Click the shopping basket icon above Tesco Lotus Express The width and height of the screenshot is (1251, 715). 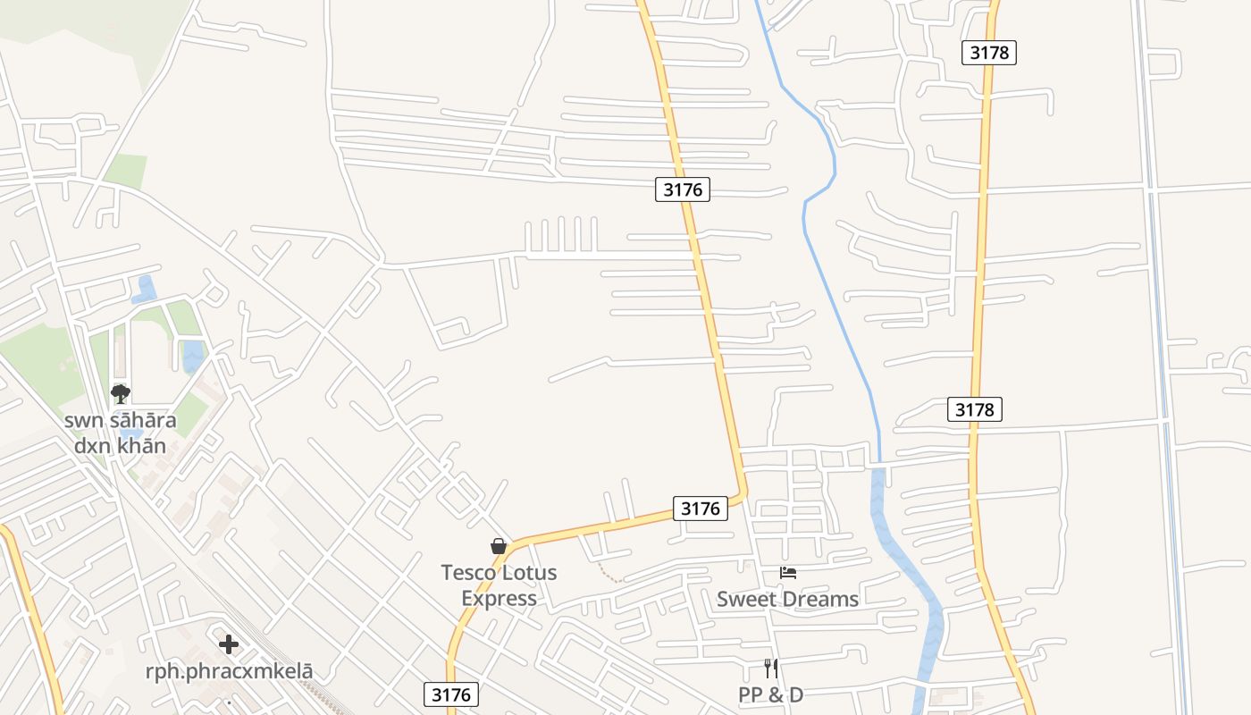click(499, 545)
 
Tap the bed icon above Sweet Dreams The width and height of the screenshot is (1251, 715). click(787, 573)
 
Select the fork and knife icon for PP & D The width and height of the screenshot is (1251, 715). click(770, 668)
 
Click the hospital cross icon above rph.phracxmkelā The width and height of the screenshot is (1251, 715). click(229, 643)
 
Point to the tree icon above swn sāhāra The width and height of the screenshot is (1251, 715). click(120, 393)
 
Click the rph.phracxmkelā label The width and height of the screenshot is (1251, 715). click(229, 671)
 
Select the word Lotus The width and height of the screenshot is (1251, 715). click(532, 573)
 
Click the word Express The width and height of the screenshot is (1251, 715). click(499, 598)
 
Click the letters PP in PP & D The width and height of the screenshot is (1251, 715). click(750, 694)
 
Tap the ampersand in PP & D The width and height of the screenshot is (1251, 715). click(772, 694)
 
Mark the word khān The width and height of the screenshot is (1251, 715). click(141, 445)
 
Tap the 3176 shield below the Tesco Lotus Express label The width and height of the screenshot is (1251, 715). click(451, 694)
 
